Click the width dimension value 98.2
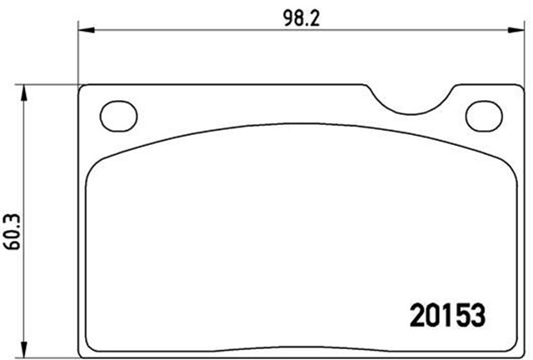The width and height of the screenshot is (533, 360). click(301, 18)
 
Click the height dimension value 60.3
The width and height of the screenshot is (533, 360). click(12, 232)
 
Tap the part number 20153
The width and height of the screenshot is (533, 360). click(448, 316)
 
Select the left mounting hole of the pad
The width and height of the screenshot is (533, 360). click(118, 116)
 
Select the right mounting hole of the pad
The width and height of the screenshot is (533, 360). click(484, 116)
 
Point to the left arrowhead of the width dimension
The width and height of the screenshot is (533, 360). click(86, 30)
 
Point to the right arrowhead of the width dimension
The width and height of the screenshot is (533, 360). click(516, 30)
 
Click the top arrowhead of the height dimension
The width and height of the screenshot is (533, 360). click(23, 92)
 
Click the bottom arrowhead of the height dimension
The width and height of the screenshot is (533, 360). click(23, 349)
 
